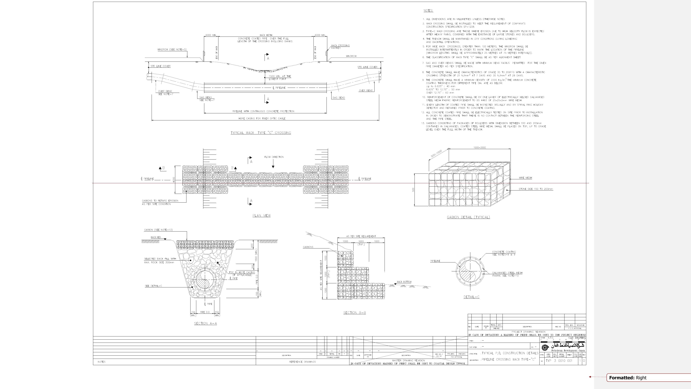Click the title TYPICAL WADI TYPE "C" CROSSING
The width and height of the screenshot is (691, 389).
[x=261, y=133]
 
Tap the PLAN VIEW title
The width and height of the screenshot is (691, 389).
[x=262, y=215]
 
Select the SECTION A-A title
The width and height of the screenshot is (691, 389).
[x=205, y=323]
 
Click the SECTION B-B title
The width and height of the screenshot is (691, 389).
[x=355, y=313]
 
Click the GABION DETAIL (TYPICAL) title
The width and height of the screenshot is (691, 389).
[x=468, y=217]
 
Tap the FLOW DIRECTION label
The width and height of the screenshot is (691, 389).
[x=274, y=157]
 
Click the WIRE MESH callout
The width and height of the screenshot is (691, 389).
[x=525, y=178]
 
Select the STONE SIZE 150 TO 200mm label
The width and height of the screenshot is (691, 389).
[x=536, y=189]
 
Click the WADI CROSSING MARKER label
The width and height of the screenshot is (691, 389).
[x=340, y=46]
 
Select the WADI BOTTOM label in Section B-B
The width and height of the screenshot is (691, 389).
[x=404, y=282]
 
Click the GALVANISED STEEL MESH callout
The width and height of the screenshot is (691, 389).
[x=507, y=274]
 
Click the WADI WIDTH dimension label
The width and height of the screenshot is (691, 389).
[x=266, y=35]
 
